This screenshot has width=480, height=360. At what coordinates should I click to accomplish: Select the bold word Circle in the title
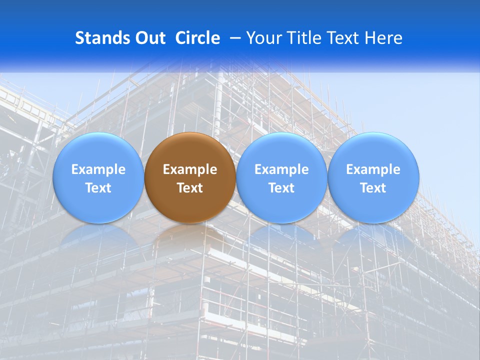(x=197, y=38)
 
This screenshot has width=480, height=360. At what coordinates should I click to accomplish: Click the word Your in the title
(x=262, y=38)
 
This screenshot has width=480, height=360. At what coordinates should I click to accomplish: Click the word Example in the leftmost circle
(x=98, y=169)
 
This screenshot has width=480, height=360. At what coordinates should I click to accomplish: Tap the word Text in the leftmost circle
(x=98, y=188)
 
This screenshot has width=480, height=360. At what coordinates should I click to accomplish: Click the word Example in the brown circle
(x=190, y=169)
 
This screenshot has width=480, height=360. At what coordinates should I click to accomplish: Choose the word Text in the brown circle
(x=190, y=188)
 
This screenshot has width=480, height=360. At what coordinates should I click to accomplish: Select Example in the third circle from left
(x=281, y=169)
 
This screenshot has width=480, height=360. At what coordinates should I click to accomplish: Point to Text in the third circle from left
(x=281, y=188)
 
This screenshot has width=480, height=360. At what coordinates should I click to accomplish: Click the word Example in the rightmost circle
(x=373, y=169)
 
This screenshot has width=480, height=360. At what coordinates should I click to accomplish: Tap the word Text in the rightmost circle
(x=373, y=188)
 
